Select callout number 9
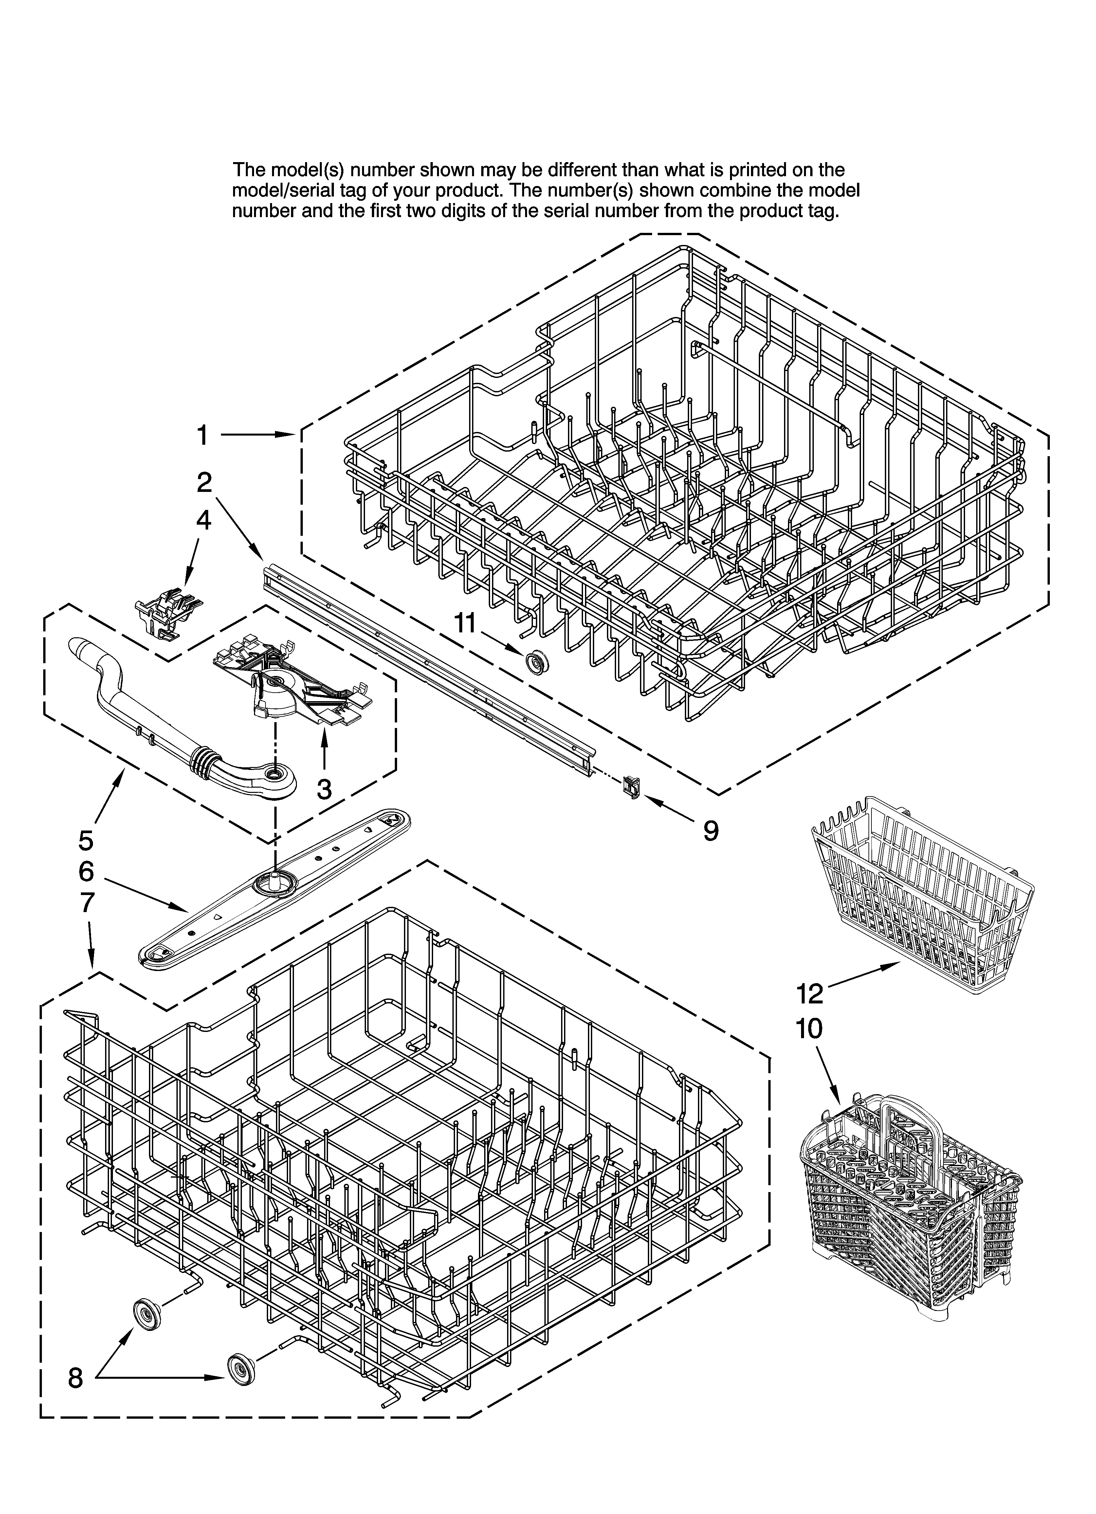pos(711,831)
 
